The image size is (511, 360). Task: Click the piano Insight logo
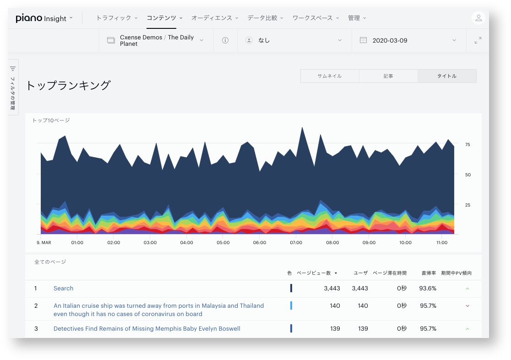tap(41, 18)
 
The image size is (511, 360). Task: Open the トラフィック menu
tap(117, 18)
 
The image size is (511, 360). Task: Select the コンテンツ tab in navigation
tap(164, 18)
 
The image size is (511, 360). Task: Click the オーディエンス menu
tap(215, 18)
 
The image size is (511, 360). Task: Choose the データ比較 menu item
tap(265, 18)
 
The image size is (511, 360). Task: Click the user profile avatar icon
tap(478, 18)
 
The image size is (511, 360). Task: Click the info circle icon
tap(225, 40)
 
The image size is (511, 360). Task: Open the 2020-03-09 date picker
tap(408, 40)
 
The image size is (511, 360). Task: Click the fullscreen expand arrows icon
tap(478, 40)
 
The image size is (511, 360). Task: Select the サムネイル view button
tap(330, 76)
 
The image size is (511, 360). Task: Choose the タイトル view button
tap(447, 76)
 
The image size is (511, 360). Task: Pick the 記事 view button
tap(388, 76)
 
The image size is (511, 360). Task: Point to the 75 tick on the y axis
tap(468, 144)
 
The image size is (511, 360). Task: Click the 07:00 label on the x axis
tap(296, 243)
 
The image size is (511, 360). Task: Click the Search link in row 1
tap(63, 288)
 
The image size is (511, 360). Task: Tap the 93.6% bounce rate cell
tap(428, 288)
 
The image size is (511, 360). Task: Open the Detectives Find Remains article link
tap(147, 329)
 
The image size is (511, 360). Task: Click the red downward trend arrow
tap(468, 306)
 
